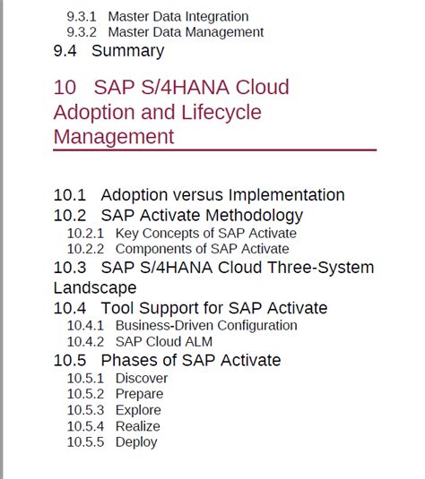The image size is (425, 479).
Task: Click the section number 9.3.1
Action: [x=82, y=16]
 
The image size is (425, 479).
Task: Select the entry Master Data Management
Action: [x=186, y=32]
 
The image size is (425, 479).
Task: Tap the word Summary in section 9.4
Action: [x=128, y=51]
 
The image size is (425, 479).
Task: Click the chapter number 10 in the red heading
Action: [x=65, y=88]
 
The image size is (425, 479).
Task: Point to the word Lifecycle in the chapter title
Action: [x=221, y=113]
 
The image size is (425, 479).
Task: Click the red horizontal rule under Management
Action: [x=215, y=150]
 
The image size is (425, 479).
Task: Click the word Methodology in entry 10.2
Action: [x=255, y=216]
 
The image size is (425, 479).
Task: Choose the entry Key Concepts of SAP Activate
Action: [x=206, y=234]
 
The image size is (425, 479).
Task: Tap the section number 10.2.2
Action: [x=85, y=249]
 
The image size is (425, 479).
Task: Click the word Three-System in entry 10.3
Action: [x=321, y=268]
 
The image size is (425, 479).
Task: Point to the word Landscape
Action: [x=95, y=288]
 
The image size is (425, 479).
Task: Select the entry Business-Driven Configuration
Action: [x=206, y=326]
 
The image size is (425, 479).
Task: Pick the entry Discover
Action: [x=142, y=379]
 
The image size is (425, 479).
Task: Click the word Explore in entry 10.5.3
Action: [x=138, y=411]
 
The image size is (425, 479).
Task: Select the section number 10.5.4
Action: [x=85, y=426]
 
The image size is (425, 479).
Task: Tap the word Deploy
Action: [x=136, y=442]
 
